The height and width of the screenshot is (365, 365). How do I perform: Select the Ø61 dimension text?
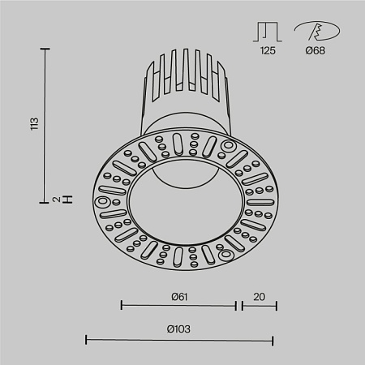click(x=179, y=297)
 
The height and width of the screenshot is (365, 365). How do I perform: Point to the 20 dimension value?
click(x=259, y=297)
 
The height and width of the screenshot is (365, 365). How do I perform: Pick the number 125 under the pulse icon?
click(x=268, y=50)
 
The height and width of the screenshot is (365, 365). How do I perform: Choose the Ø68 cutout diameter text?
click(x=316, y=50)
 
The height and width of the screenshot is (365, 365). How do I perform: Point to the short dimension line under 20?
click(x=258, y=306)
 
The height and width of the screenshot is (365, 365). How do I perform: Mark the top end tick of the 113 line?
click(x=46, y=49)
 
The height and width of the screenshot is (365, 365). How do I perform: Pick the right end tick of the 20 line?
click(x=277, y=306)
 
